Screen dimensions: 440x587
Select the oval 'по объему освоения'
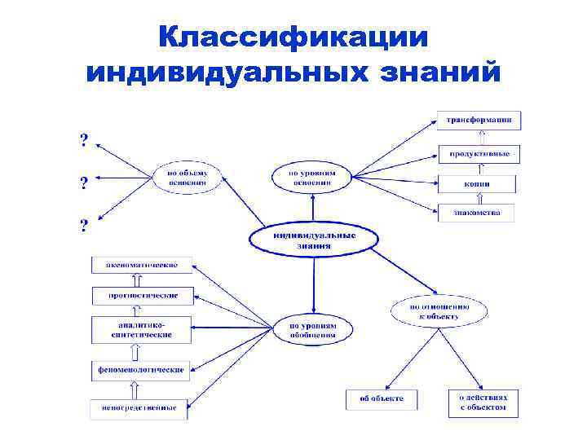point(188,178)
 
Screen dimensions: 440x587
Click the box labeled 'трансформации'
point(479,120)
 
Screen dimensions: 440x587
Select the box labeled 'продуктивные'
point(479,152)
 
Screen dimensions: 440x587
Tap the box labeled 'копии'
point(479,183)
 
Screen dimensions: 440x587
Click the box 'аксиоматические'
point(142,264)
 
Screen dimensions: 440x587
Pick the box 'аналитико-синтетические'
point(142,328)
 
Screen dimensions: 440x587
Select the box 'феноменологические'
point(142,370)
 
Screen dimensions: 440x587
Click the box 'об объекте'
point(382,399)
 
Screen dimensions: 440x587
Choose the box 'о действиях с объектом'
point(483,403)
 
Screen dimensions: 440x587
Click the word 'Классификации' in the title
point(293,37)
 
